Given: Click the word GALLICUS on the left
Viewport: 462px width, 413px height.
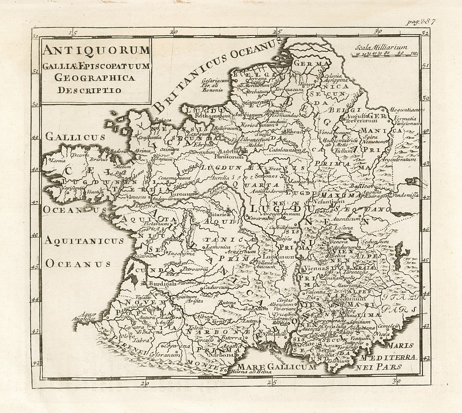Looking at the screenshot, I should (x=75, y=137).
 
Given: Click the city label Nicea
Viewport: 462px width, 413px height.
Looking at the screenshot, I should (x=381, y=334).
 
